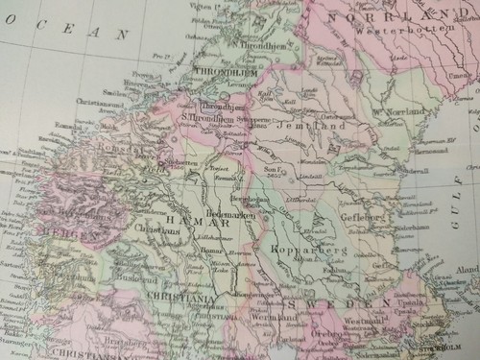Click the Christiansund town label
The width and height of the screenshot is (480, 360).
(x=96, y=99)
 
